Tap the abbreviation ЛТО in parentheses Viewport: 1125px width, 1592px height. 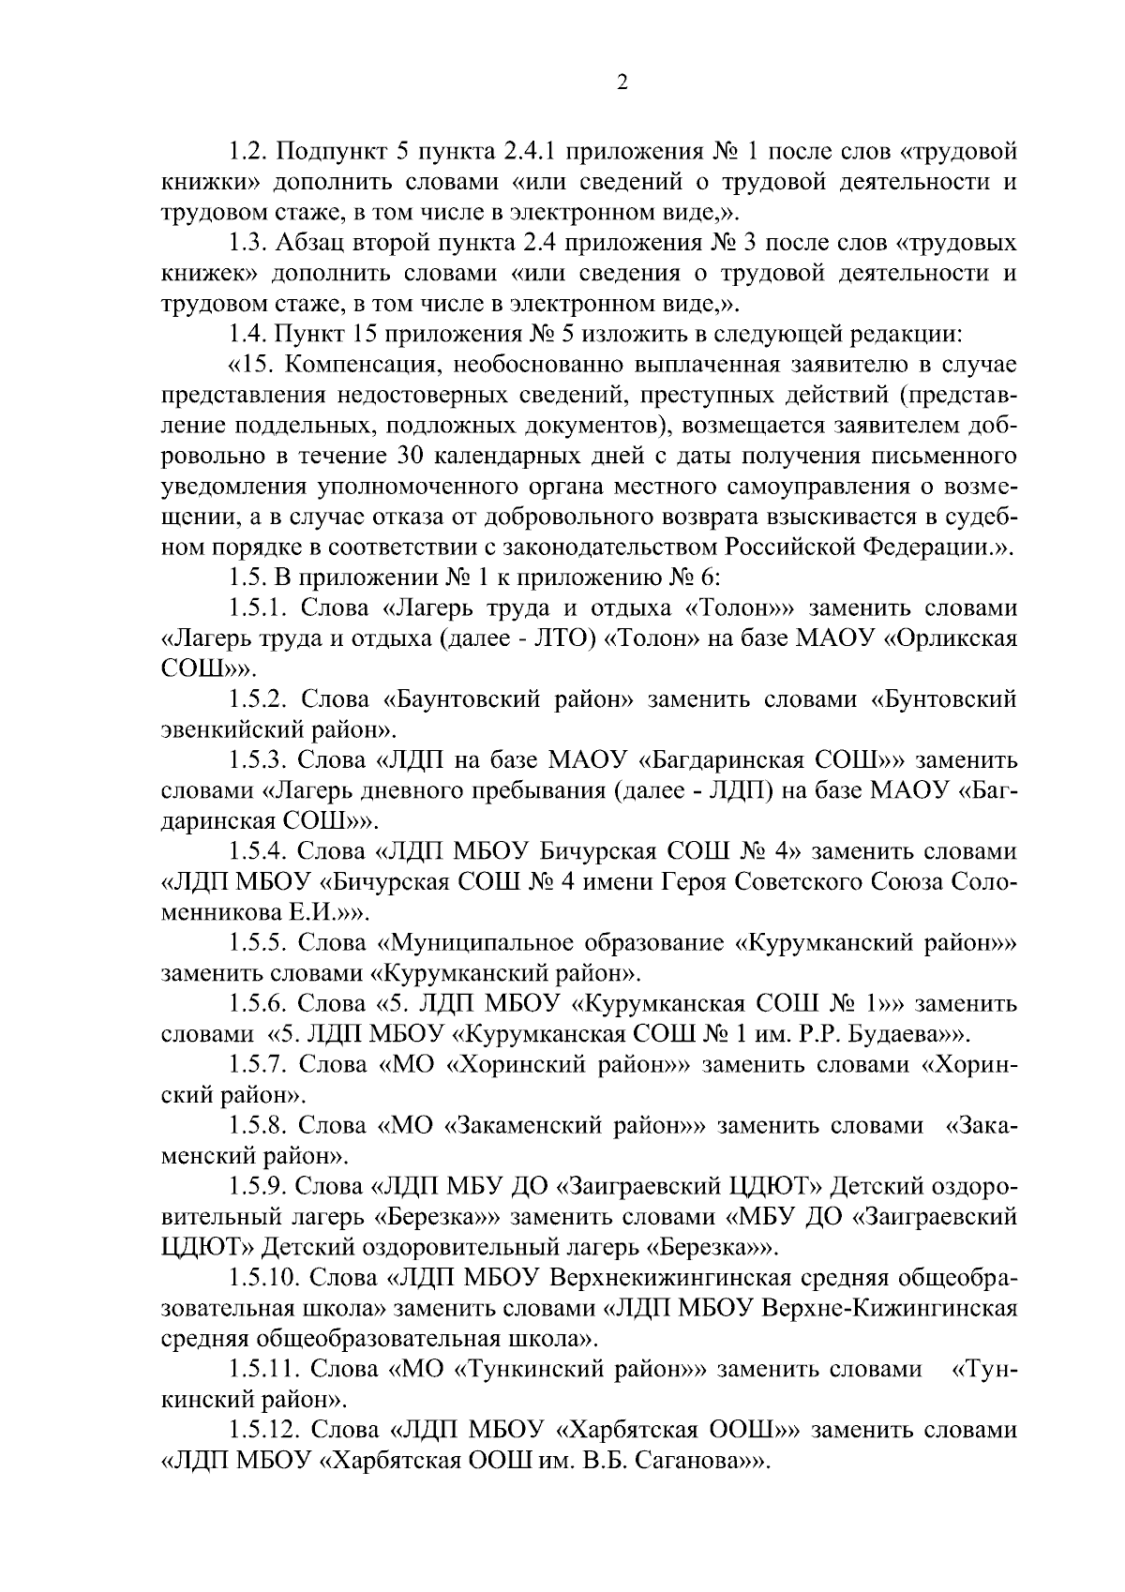[x=554, y=638]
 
